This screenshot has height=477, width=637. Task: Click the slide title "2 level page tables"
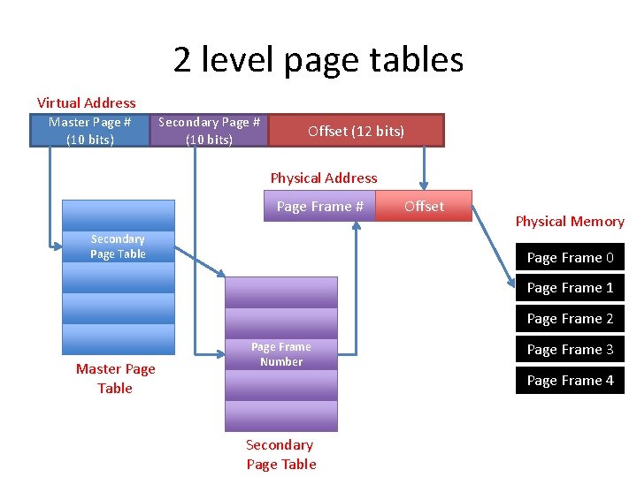click(x=318, y=59)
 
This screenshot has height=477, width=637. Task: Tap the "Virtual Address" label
click(x=87, y=103)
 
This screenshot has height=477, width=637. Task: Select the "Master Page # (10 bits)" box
click(x=89, y=131)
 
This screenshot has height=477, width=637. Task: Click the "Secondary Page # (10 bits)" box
click(x=209, y=131)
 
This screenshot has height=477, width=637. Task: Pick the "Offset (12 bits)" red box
click(x=356, y=131)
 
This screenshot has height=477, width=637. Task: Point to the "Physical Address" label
click(x=323, y=178)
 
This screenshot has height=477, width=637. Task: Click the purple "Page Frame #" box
click(x=319, y=206)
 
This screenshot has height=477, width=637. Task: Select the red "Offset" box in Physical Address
click(x=424, y=206)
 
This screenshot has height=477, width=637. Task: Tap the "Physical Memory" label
click(x=570, y=222)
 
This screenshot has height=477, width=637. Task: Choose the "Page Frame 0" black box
click(x=570, y=258)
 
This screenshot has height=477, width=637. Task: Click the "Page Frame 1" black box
click(x=570, y=288)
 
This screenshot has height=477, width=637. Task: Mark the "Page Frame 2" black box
click(x=570, y=319)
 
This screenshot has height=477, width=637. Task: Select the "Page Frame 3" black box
click(x=570, y=350)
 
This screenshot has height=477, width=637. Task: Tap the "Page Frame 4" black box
click(x=570, y=381)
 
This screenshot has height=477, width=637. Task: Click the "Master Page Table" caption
click(x=115, y=379)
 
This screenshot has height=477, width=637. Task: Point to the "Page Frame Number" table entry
click(x=281, y=354)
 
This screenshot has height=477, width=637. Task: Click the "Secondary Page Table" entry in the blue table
click(x=118, y=246)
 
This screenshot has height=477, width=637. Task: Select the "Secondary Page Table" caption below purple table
click(x=280, y=455)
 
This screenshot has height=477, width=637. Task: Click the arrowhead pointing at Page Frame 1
click(x=513, y=284)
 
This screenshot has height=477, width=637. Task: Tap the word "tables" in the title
click(x=419, y=59)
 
